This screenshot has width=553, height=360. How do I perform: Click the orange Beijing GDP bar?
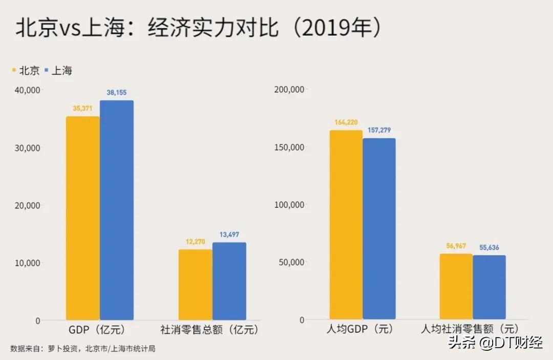[x=83, y=218]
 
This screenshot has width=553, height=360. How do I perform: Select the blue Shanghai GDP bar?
[x=117, y=210]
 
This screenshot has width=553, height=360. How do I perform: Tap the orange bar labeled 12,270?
[x=195, y=285]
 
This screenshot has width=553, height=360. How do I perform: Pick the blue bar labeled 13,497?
[x=229, y=281]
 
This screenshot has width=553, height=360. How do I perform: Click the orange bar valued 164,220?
[x=346, y=225]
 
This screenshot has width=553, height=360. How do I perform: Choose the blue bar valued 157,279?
[x=379, y=229]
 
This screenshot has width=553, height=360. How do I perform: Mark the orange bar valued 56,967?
[x=456, y=286]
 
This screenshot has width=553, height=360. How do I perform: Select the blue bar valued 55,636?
[x=490, y=287]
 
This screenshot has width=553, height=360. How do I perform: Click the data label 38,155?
[x=117, y=93]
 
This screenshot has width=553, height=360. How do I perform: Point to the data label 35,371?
[x=83, y=109]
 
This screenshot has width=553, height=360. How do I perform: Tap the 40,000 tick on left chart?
[x=28, y=90]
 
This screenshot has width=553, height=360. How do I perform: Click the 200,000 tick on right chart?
[x=289, y=90]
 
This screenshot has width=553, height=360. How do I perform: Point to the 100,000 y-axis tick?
[x=289, y=205]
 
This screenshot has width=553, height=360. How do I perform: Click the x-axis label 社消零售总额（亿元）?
[x=209, y=330]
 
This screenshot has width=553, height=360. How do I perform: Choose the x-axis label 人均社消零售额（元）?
[x=470, y=329]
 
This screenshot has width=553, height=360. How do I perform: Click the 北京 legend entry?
[x=26, y=71]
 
